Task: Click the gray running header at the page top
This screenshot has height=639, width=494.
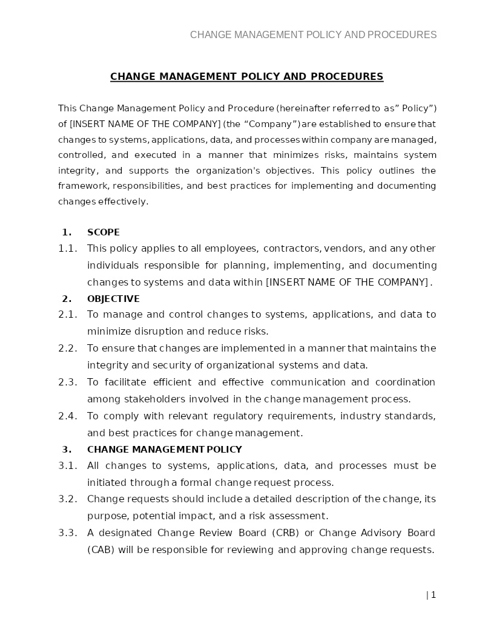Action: (x=313, y=34)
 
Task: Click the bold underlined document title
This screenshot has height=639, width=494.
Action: (x=246, y=76)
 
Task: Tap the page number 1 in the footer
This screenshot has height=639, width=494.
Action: (x=433, y=595)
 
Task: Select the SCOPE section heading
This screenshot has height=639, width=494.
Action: (x=104, y=232)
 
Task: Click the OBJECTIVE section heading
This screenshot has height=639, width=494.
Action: (x=113, y=299)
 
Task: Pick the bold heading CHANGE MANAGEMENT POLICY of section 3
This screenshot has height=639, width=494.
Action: (x=164, y=450)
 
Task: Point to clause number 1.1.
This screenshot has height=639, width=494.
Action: (x=68, y=249)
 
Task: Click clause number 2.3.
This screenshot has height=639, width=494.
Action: (x=68, y=382)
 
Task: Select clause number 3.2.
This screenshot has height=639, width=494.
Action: (x=68, y=499)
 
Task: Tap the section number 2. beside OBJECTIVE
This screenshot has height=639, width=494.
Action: (x=67, y=299)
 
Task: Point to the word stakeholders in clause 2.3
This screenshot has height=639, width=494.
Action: (x=136, y=399)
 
